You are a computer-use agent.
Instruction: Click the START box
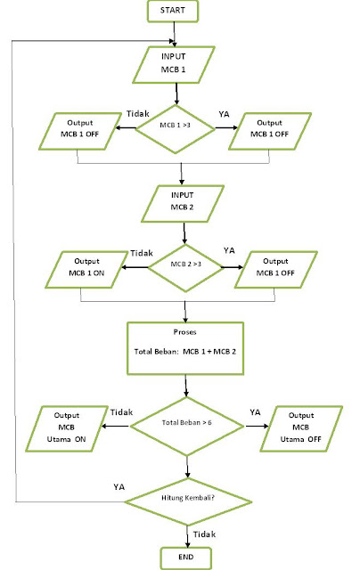pyautogui.click(x=173, y=11)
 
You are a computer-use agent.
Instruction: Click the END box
pyautogui.click(x=186, y=558)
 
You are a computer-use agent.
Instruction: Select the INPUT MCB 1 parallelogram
pyautogui.click(x=174, y=65)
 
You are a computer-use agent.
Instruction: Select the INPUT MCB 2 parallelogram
pyautogui.click(x=182, y=204)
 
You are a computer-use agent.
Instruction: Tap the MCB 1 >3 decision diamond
pyautogui.click(x=176, y=128)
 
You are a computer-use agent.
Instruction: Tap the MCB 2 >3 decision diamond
pyautogui.click(x=185, y=267)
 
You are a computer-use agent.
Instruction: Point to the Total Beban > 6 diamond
pyautogui.click(x=187, y=426)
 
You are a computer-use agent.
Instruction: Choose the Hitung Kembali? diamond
pyautogui.click(x=188, y=501)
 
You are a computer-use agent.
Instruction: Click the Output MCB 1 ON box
pyautogui.click(x=86, y=270)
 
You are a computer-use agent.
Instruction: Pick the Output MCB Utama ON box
pyautogui.click(x=67, y=428)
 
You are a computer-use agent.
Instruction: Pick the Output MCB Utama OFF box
pyautogui.click(x=301, y=428)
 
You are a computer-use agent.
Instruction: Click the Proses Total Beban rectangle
pyautogui.click(x=185, y=348)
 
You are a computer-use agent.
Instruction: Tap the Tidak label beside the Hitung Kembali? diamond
pyautogui.click(x=204, y=534)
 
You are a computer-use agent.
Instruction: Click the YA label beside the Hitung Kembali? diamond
pyautogui.click(x=119, y=487)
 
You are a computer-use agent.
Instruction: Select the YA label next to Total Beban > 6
pyautogui.click(x=255, y=412)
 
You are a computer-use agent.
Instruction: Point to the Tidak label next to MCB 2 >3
pyautogui.click(x=142, y=253)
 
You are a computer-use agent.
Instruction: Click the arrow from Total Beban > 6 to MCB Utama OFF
pyautogui.click(x=257, y=426)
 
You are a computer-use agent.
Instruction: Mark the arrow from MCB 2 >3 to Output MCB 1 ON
pyautogui.click(x=135, y=267)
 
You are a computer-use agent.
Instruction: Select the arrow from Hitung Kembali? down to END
pyautogui.click(x=188, y=536)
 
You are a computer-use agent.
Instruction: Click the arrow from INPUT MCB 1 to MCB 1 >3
pyautogui.click(x=176, y=94)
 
